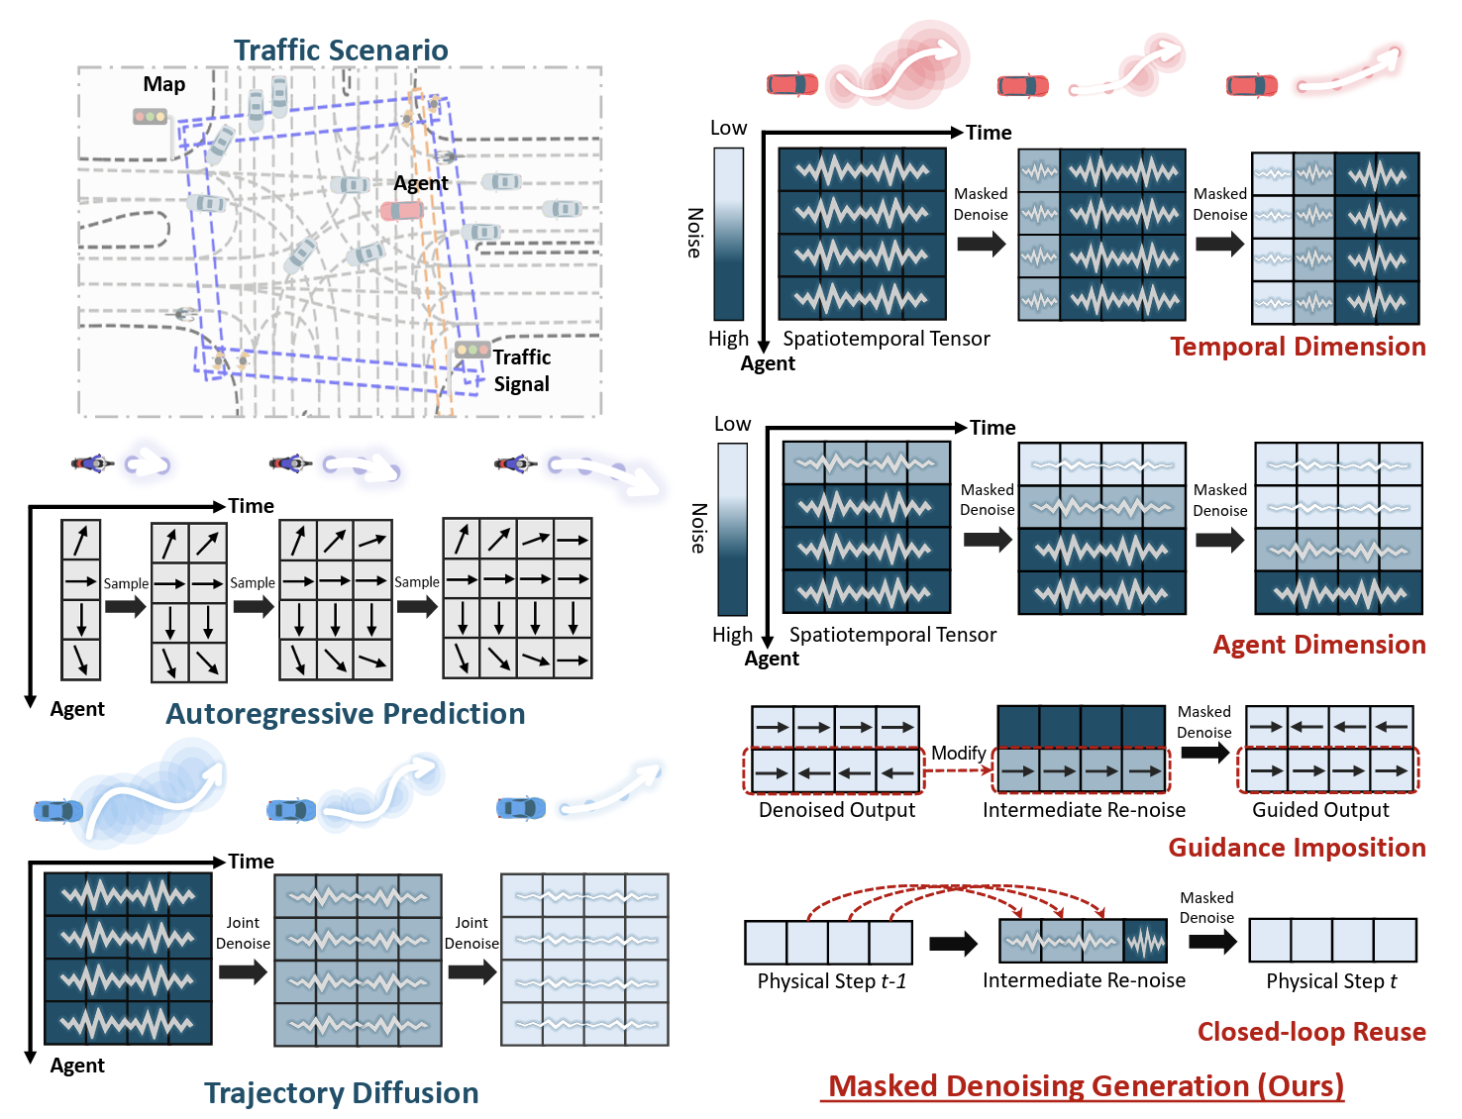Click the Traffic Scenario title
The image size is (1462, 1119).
[x=341, y=50]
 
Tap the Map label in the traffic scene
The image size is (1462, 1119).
[x=163, y=84]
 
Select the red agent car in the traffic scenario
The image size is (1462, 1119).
[x=402, y=210]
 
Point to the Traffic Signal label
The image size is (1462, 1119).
[x=522, y=370]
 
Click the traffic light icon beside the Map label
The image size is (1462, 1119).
[x=151, y=117]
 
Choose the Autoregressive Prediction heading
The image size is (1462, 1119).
[x=345, y=714]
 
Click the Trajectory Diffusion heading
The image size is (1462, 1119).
[x=341, y=1093]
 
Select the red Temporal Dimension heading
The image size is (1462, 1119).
[x=1298, y=347]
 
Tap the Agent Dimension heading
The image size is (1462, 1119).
[x=1319, y=645]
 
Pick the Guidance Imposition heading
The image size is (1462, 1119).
[x=1297, y=848]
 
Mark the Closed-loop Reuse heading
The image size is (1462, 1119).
[x=1311, y=1032]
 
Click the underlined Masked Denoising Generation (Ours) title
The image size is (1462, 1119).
[x=1086, y=1086]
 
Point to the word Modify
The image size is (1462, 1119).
[x=958, y=754]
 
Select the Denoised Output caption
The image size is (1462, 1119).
[x=837, y=810]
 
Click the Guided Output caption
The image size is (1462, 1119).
[x=1320, y=810]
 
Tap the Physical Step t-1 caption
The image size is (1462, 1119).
[x=832, y=981]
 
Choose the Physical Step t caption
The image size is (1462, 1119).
[x=1331, y=981]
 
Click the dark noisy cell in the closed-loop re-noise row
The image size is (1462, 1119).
[x=1146, y=942]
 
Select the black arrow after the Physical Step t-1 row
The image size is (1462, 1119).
[x=954, y=943]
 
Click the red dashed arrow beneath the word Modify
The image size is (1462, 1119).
[x=958, y=770]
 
